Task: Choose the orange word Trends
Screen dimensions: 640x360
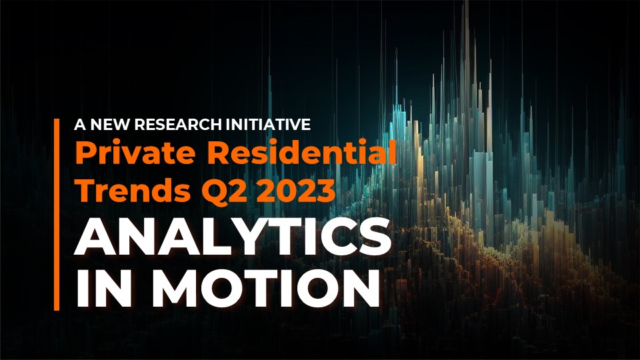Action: pos(133,189)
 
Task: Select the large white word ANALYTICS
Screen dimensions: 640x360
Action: pos(232,237)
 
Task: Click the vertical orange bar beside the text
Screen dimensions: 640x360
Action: pos(57,215)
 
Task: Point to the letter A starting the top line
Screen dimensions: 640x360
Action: pos(81,125)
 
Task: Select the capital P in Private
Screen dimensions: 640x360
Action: pos(85,153)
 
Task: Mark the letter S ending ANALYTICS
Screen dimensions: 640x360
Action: pos(374,237)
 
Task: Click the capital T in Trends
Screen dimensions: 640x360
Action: pos(87,190)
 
